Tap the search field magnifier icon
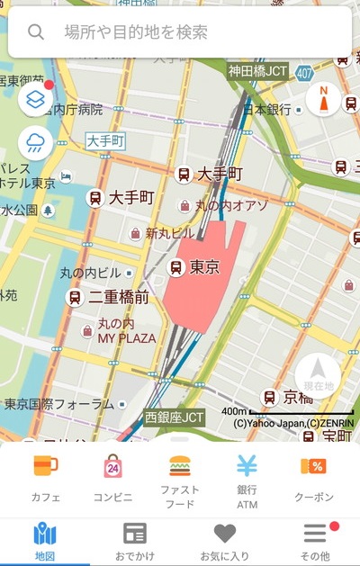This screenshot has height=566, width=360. [x=36, y=32]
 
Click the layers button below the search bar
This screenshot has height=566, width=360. [x=35, y=98]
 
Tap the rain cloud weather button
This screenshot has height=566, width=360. [x=35, y=142]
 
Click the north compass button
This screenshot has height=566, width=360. [x=323, y=99]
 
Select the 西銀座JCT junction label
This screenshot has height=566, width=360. [x=175, y=418]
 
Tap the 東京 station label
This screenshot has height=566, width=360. [x=204, y=266]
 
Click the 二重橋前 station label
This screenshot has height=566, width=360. [x=118, y=296]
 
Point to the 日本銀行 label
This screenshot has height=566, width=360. [x=267, y=109]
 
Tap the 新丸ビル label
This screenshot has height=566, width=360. [x=170, y=233]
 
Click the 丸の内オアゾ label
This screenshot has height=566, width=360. [x=232, y=206]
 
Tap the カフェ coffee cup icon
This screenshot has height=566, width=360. [x=45, y=466]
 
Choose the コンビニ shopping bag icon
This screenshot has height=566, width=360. [x=112, y=466]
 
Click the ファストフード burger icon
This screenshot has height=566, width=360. [x=180, y=466]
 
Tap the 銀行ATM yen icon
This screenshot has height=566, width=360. [x=247, y=466]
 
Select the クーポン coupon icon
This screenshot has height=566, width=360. [x=313, y=466]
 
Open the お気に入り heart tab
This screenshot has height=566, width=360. [x=224, y=534]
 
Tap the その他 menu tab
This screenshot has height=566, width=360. [x=314, y=534]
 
